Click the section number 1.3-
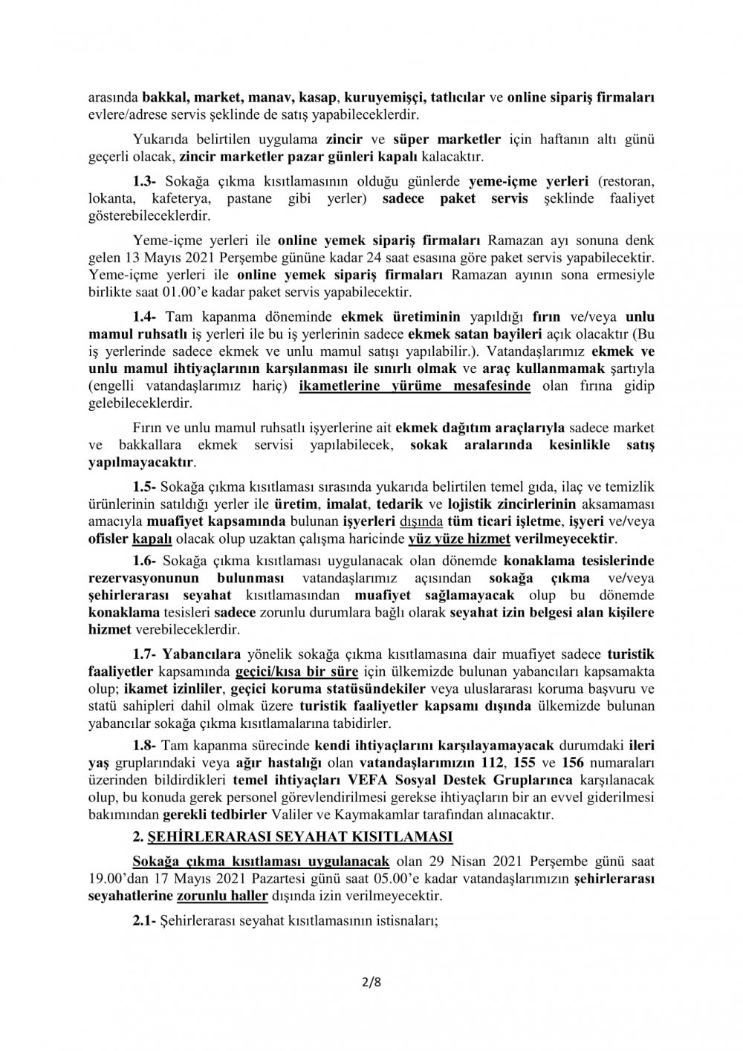[x=146, y=181]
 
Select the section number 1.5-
[x=146, y=487]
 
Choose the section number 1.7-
[x=146, y=655]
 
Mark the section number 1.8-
[x=146, y=744]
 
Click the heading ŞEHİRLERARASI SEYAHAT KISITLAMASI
[x=301, y=836]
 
